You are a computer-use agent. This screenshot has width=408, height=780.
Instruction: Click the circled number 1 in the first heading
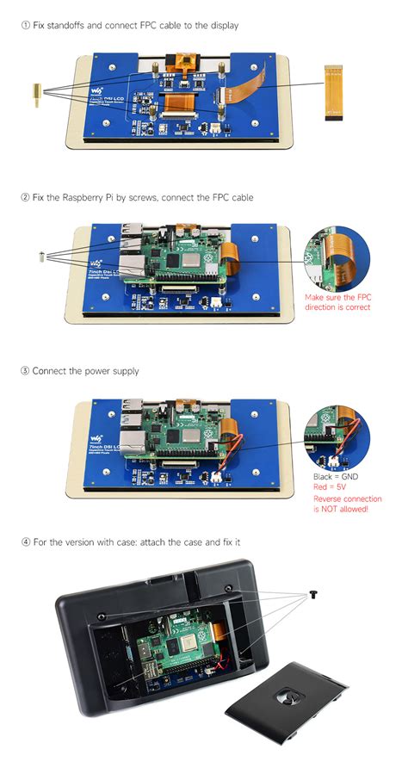tap(26, 26)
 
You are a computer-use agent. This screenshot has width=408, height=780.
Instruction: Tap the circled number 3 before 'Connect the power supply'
tap(26, 371)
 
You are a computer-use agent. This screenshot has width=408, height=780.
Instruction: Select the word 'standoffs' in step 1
tap(71, 26)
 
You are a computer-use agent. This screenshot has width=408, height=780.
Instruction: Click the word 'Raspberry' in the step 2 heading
tap(86, 198)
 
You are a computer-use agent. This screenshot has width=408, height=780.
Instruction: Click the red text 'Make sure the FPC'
tap(337, 297)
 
